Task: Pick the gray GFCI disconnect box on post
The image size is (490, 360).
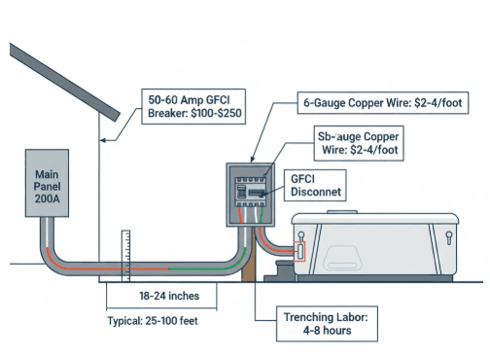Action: coord(253,194)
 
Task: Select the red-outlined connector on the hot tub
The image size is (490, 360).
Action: coord(299,248)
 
